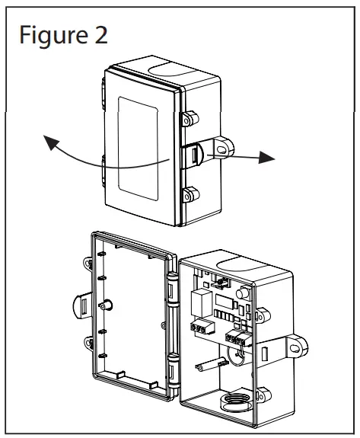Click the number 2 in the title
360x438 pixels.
click(99, 34)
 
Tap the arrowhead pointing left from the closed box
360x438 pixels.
click(50, 140)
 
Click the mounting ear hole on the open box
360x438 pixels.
click(295, 346)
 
